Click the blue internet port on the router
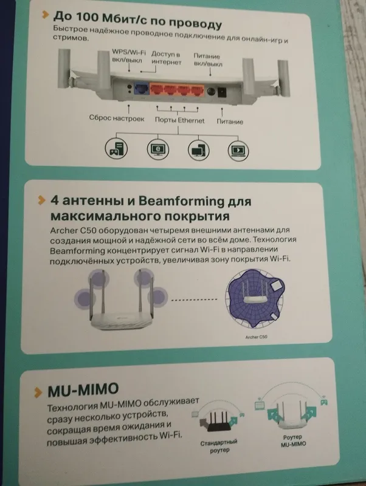click(x=142, y=90)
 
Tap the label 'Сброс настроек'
click(x=117, y=118)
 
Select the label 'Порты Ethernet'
click(x=179, y=120)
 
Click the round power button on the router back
click(x=211, y=92)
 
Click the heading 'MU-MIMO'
click(x=83, y=390)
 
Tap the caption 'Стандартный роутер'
click(x=219, y=446)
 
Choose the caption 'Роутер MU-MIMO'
click(x=293, y=440)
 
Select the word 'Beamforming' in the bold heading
click(x=181, y=201)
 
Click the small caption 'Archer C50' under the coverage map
click(x=256, y=337)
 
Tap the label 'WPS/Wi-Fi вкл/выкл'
click(x=128, y=56)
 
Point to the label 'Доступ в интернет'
click(x=166, y=58)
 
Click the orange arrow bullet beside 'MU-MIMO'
click(x=38, y=392)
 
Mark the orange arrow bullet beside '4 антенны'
click(x=41, y=200)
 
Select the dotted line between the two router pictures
click(x=194, y=299)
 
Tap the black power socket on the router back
click(x=223, y=93)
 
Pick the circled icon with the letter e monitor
click(x=158, y=149)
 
